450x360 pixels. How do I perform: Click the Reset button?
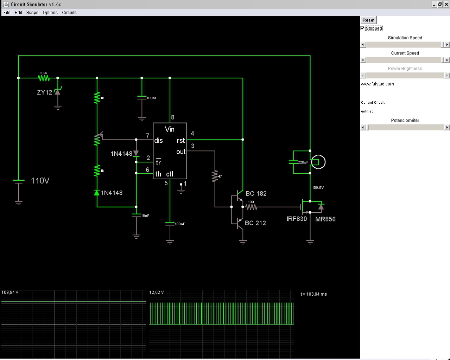368,20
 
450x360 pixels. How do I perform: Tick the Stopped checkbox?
363,28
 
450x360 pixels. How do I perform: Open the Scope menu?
32,13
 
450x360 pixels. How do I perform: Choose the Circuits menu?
69,13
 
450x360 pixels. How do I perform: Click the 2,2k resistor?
44,78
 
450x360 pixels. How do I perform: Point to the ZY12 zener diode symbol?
58,91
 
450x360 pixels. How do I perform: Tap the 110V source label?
40,181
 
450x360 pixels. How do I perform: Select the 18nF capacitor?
136,216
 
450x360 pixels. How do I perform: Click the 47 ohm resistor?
215,176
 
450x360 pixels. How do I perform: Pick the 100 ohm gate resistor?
251,207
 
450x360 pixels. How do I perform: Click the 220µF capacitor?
293,162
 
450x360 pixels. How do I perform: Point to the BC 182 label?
256,194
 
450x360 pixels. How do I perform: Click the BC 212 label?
255,223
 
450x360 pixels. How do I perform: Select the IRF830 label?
297,219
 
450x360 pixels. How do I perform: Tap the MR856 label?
325,219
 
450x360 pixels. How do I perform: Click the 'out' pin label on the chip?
181,152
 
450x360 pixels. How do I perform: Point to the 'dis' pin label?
159,141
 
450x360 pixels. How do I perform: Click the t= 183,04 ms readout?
313,294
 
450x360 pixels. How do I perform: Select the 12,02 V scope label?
157,292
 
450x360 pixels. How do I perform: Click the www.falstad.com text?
377,84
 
